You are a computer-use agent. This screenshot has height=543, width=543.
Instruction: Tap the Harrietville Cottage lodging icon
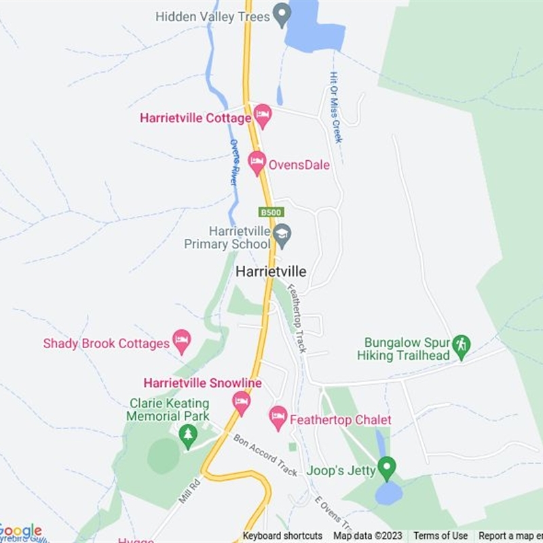(263, 116)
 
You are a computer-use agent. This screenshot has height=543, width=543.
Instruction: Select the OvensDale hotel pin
(257, 164)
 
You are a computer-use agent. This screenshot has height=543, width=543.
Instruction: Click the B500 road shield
(269, 212)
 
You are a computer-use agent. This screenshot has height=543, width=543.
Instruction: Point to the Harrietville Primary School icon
(282, 235)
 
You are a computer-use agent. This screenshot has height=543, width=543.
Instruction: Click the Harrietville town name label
(271, 271)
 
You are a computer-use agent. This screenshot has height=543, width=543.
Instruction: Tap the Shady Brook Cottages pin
(182, 341)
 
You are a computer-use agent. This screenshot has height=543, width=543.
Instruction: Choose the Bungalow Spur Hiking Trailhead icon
(462, 346)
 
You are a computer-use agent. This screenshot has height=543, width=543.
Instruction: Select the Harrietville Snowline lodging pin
(241, 402)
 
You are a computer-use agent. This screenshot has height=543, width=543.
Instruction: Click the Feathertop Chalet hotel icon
(278, 418)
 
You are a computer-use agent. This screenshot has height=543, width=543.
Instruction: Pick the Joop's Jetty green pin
(386, 468)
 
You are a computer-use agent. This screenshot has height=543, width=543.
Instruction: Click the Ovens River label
(233, 163)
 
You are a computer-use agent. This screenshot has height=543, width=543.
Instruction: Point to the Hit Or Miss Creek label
(335, 107)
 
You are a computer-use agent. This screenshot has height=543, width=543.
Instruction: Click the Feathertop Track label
(297, 318)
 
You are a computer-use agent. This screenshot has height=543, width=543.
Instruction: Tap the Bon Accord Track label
(265, 455)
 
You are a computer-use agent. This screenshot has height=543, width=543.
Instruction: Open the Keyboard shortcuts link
(282, 536)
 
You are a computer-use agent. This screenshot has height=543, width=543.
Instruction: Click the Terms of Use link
(441, 536)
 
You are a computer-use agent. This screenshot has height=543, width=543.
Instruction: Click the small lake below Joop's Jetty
(389, 493)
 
